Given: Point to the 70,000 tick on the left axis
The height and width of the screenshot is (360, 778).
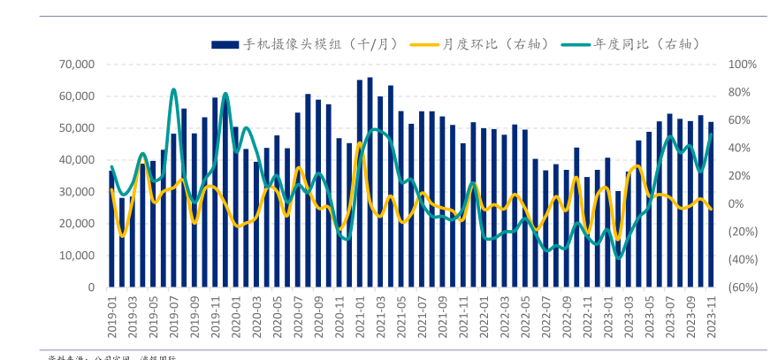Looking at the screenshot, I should pyautogui.click(x=77, y=65).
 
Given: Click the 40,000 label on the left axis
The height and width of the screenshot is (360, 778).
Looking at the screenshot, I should pyautogui.click(x=77, y=160).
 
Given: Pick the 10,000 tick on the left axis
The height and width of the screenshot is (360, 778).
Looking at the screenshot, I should pyautogui.click(x=77, y=256).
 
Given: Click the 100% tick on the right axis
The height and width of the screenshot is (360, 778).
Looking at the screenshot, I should pyautogui.click(x=740, y=65).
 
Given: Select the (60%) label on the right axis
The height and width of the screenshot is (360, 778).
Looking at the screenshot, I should pyautogui.click(x=742, y=287).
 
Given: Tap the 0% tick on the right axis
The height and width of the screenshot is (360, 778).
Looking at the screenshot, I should pyautogui.click(x=736, y=203).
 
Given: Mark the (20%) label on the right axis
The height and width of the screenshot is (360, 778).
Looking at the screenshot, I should pyautogui.click(x=742, y=232).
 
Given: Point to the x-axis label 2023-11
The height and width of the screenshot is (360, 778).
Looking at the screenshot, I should pyautogui.click(x=710, y=316).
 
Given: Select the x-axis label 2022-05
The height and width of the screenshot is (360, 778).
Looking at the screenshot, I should pyautogui.click(x=525, y=316).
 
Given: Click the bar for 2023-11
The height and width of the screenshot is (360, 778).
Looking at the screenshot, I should pyautogui.click(x=710, y=204).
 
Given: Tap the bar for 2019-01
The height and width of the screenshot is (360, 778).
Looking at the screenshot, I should pyautogui.click(x=111, y=229).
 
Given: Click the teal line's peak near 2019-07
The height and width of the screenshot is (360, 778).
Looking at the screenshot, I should pyautogui.click(x=173, y=89).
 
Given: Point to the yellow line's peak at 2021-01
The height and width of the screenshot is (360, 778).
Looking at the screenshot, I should pyautogui.click(x=359, y=143).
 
